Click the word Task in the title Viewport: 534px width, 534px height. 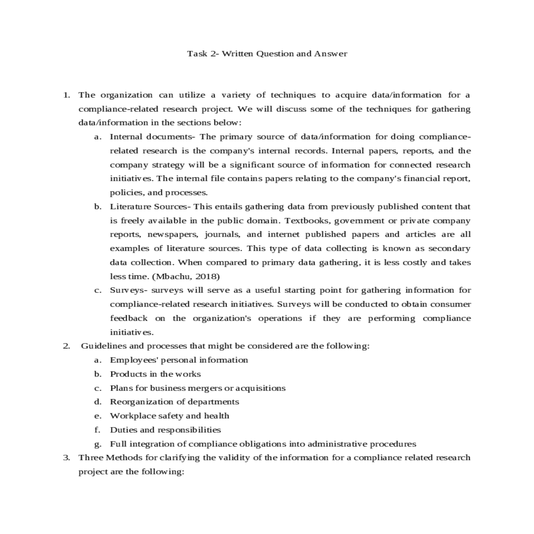(x=197, y=54)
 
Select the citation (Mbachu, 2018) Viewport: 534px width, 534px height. (x=186, y=276)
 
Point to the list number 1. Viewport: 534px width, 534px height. (x=66, y=95)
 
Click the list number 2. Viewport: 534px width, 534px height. (x=66, y=346)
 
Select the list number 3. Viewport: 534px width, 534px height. (x=66, y=457)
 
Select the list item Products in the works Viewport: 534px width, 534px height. (x=155, y=374)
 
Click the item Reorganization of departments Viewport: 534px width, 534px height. (x=174, y=402)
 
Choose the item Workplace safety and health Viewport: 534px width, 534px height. (x=170, y=416)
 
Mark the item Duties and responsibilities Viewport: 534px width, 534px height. (x=165, y=430)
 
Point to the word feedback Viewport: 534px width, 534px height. (x=129, y=318)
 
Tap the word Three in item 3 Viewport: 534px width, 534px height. (x=90, y=457)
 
